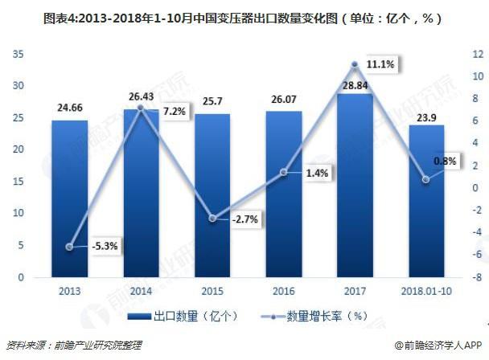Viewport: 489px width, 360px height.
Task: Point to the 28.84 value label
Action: click(x=355, y=84)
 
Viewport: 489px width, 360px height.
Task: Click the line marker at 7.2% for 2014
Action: click(x=141, y=108)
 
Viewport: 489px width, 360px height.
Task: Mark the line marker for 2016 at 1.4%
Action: click(x=283, y=172)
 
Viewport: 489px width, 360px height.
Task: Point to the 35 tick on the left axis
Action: click(x=18, y=55)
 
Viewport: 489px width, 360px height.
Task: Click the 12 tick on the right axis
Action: click(x=477, y=55)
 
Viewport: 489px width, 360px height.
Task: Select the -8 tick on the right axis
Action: click(x=477, y=277)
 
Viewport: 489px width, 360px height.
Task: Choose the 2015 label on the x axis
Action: click(x=212, y=292)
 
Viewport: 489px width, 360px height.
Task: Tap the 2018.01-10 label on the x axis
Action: click(x=425, y=292)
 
